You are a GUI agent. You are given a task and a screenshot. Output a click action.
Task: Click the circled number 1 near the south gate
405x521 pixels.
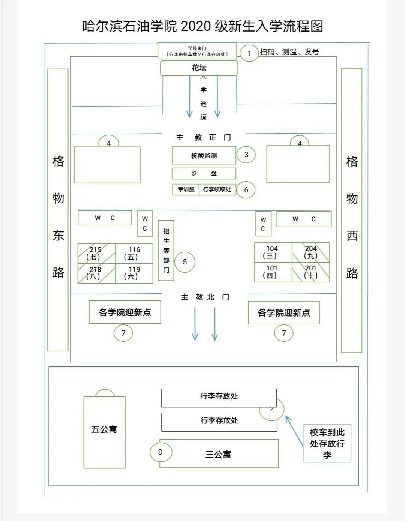coord(249,53)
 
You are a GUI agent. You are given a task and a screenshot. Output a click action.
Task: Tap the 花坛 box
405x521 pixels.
coord(199,68)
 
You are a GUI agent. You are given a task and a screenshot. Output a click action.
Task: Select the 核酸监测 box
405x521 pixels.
coord(204,156)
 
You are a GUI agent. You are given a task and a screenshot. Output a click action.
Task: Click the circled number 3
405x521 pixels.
coord(246,155)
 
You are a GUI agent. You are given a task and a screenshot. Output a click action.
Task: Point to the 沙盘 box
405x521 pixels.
coord(204,173)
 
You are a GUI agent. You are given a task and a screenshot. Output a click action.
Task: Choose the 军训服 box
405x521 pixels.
coord(186,189)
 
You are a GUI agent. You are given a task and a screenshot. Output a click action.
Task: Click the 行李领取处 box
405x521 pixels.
coord(217,189)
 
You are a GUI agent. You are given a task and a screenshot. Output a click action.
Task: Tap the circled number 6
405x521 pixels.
coord(246,190)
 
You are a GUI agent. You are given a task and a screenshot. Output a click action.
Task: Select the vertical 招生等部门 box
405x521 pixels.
coord(166,250)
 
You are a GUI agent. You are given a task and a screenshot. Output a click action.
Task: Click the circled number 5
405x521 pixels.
coord(184,262)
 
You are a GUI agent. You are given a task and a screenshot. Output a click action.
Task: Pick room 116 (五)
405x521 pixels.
coord(134,253)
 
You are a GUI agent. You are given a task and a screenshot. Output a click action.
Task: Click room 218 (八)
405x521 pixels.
coord(96,273)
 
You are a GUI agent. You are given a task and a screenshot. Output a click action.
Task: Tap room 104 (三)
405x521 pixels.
coord(273,252)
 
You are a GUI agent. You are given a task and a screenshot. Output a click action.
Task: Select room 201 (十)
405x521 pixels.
coord(311,272)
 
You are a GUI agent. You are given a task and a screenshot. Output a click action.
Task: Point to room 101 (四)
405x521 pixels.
coord(273,272)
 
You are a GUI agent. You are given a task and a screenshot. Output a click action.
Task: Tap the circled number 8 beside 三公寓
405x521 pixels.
coord(160,452)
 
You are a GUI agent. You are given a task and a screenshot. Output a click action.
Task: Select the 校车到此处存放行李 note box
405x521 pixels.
coord(327,443)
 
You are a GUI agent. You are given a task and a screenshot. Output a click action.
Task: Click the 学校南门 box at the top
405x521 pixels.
coord(197,51)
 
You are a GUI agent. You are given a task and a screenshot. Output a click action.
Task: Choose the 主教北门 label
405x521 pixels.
coord(205,297)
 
